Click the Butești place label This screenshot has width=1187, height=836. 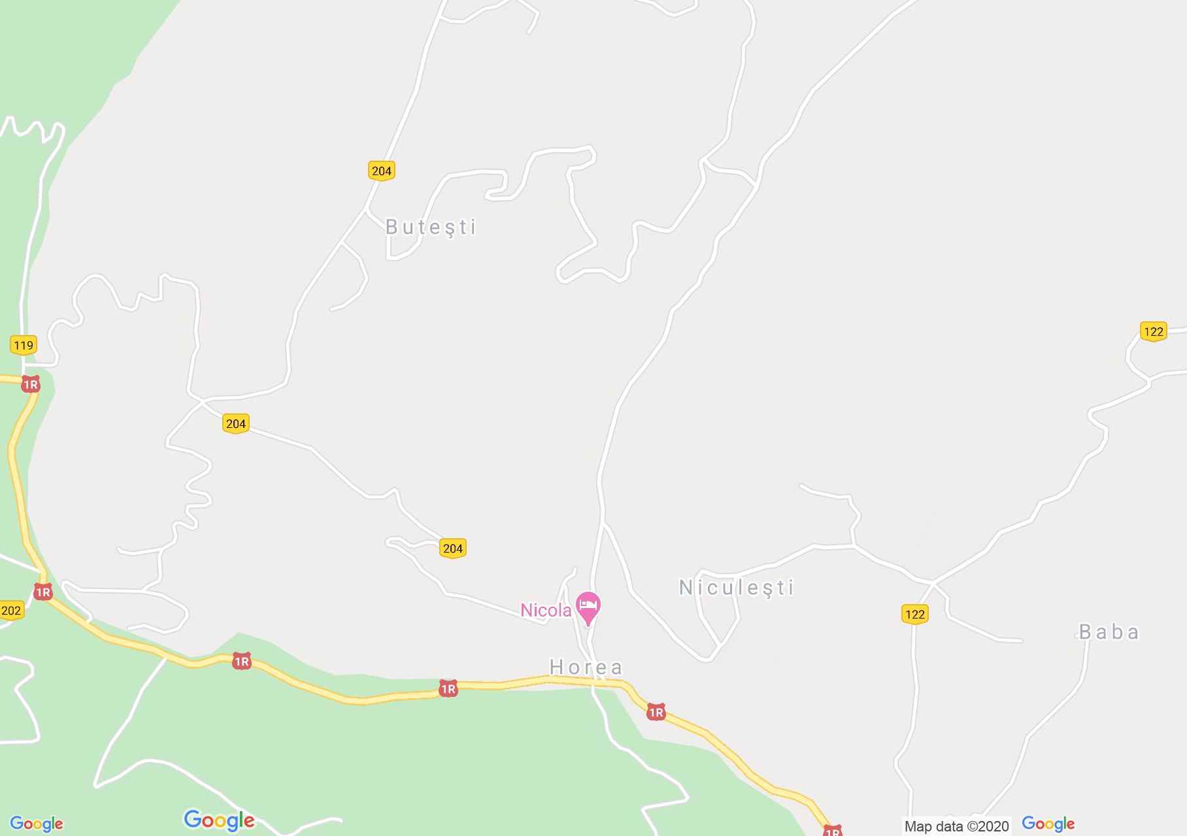tap(431, 227)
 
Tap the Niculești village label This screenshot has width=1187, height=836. tap(736, 588)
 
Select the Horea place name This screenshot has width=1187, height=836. tap(586, 667)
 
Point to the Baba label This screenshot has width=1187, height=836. tap(1109, 632)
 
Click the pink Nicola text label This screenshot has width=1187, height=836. tap(546, 610)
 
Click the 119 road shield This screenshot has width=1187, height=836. tap(24, 345)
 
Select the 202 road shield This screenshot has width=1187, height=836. tap(11, 611)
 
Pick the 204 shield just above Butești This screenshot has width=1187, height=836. tap(381, 171)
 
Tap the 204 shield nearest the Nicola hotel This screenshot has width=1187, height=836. tap(453, 548)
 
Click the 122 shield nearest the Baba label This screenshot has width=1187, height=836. tap(914, 614)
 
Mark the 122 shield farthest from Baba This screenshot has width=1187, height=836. tap(1154, 331)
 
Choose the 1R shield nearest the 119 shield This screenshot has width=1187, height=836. tap(30, 385)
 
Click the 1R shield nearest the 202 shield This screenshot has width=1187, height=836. tap(43, 592)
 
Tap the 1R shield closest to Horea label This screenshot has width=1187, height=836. tap(656, 713)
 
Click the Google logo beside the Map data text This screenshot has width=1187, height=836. tap(1048, 824)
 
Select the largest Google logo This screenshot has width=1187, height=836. tap(219, 820)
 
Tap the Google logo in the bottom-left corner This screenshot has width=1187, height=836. tap(37, 824)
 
